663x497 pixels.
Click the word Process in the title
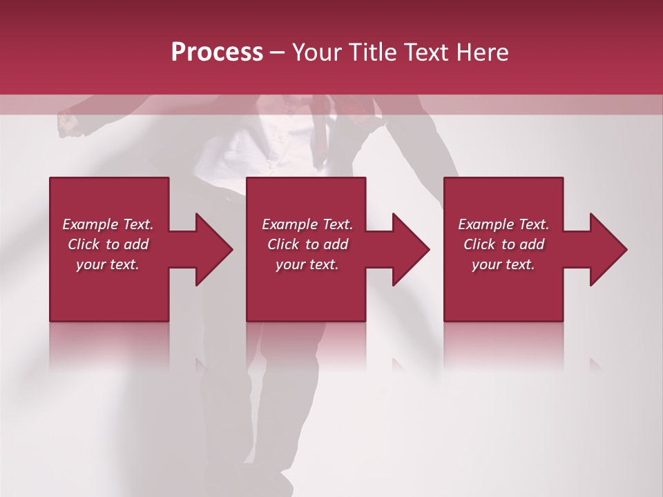pyautogui.click(x=217, y=52)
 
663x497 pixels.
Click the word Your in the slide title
pyautogui.click(x=316, y=52)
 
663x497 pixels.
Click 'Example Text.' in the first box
pyautogui.click(x=108, y=224)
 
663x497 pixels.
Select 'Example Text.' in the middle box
pyautogui.click(x=307, y=224)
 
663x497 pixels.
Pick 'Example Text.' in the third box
pyautogui.click(x=503, y=224)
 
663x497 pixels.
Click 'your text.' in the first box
pyautogui.click(x=108, y=264)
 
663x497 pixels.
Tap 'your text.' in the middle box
pyautogui.click(x=307, y=264)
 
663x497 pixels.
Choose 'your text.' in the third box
pyautogui.click(x=503, y=264)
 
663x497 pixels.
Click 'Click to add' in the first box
pyautogui.click(x=108, y=244)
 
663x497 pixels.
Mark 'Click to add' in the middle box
pyautogui.click(x=307, y=244)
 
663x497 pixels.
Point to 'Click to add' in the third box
pyautogui.click(x=503, y=244)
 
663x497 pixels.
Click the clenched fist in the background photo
pyautogui.click(x=68, y=123)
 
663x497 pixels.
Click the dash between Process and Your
pyautogui.click(x=278, y=53)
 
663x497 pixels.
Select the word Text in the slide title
pyautogui.click(x=426, y=52)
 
